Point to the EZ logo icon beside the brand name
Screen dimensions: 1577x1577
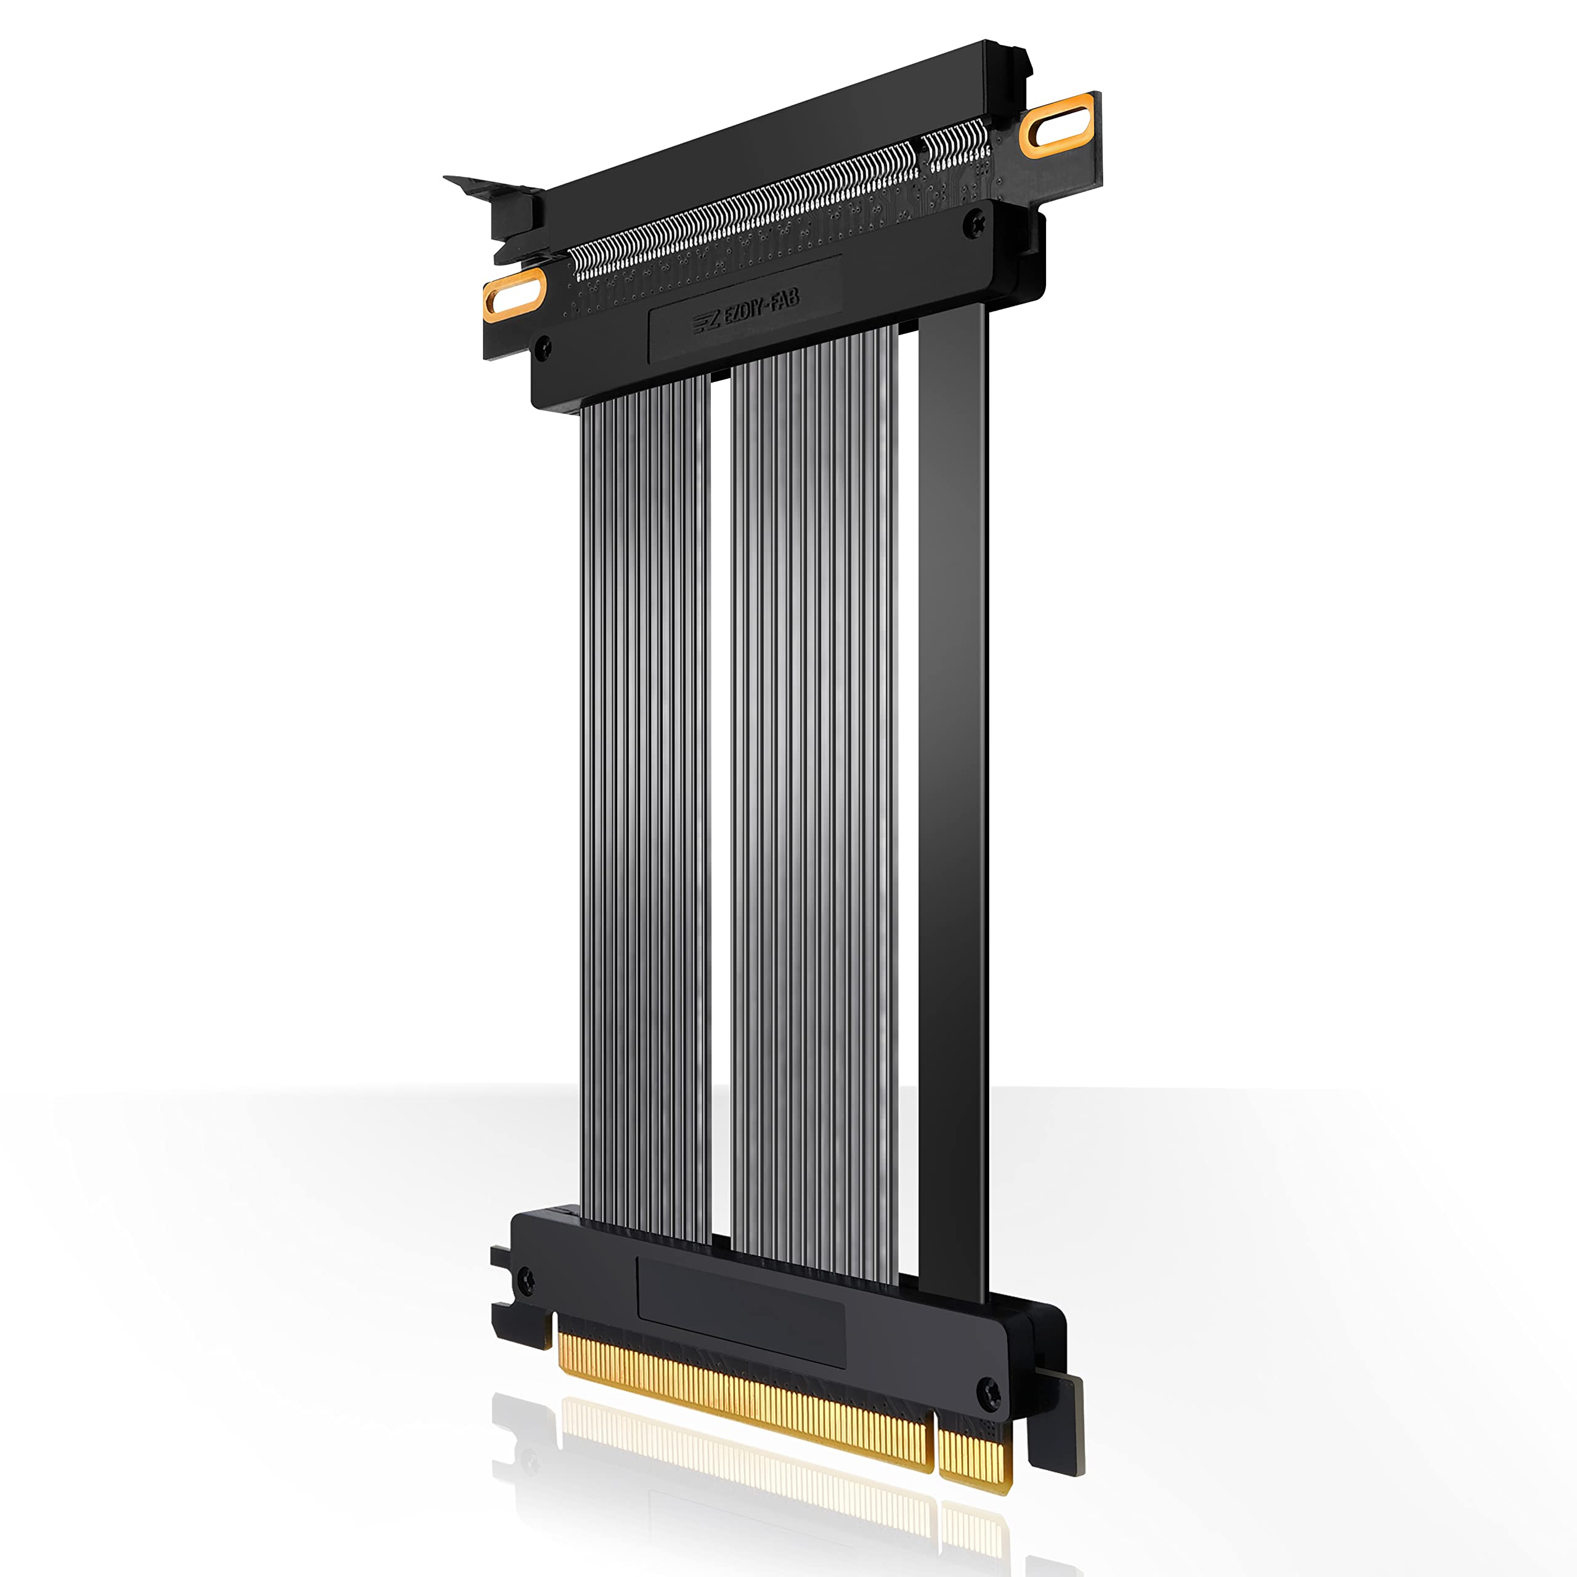point(707,322)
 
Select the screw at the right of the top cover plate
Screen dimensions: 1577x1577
point(974,224)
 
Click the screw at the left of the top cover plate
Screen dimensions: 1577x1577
point(543,349)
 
